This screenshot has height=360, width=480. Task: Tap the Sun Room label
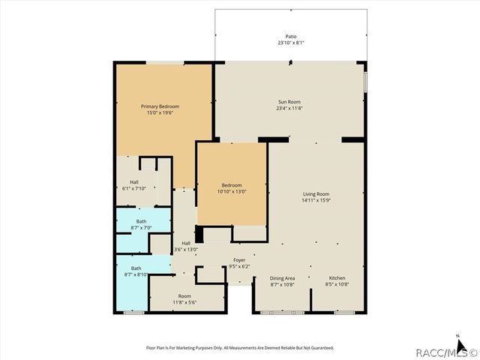click(289, 101)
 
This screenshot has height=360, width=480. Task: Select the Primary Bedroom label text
click(160, 106)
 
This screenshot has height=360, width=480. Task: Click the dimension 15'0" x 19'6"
click(160, 113)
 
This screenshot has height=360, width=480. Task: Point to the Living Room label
click(316, 193)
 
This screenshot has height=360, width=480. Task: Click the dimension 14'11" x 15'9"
click(316, 200)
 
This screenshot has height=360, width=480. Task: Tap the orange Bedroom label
click(232, 185)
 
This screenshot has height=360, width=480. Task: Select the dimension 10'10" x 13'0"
click(232, 192)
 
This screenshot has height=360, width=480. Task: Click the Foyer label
click(239, 260)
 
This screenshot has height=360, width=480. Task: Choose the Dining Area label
click(282, 277)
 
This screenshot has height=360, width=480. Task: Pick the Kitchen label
click(337, 277)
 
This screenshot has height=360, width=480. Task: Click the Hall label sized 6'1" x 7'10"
click(133, 182)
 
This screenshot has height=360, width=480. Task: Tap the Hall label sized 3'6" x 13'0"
click(186, 242)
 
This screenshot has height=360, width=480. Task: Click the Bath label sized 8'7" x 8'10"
click(136, 268)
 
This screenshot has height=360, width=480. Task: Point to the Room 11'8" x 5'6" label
click(184, 296)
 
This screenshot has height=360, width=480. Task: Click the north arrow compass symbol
click(457, 339)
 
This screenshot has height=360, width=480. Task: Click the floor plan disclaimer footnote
click(239, 348)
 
